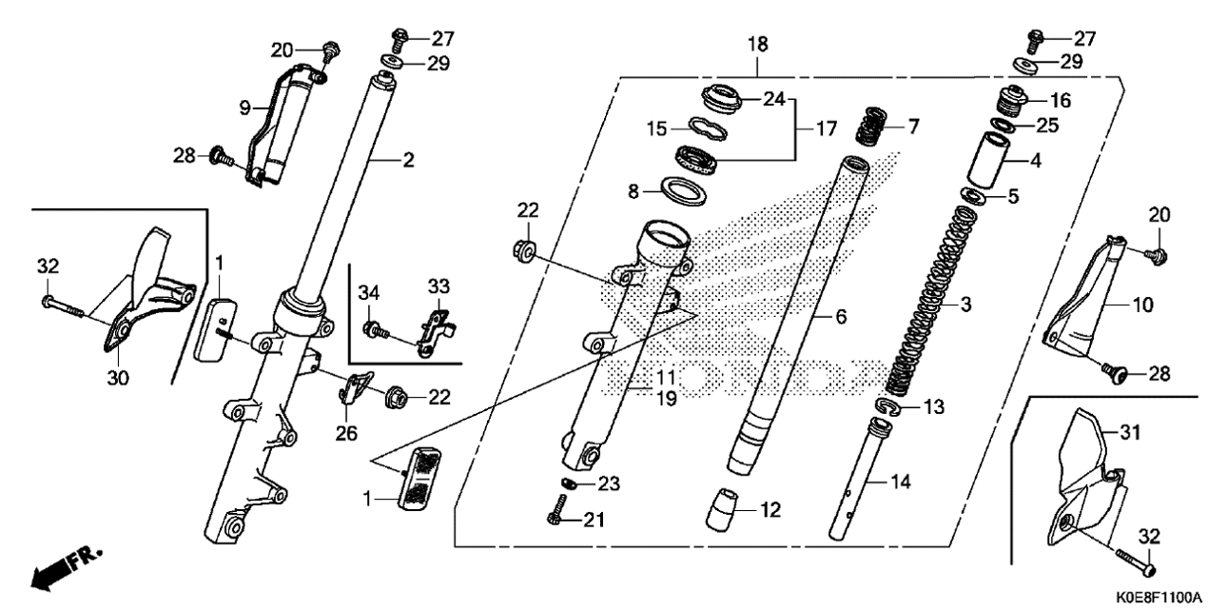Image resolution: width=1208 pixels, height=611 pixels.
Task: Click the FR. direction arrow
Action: (66, 569)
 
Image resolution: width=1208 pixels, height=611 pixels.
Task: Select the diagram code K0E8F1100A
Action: (1159, 599)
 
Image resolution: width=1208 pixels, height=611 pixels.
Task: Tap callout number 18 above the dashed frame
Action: (758, 45)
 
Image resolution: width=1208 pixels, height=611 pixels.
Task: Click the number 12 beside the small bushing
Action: (770, 510)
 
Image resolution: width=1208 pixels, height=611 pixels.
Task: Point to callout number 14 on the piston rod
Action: (900, 482)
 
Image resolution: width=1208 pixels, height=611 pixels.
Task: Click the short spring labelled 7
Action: (872, 128)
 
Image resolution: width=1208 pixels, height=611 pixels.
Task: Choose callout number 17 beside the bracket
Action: (826, 129)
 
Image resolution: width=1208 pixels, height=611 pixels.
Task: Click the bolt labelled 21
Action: (555, 511)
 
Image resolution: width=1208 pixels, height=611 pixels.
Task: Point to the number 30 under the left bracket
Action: (118, 378)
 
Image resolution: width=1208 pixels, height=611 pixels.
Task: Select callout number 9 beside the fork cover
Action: (245, 108)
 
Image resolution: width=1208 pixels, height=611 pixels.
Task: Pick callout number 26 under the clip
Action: (346, 433)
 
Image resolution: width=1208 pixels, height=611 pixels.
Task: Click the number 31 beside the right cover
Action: (1130, 432)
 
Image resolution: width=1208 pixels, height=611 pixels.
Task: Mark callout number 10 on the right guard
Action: (1142, 305)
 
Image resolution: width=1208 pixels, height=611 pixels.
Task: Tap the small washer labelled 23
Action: (567, 483)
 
